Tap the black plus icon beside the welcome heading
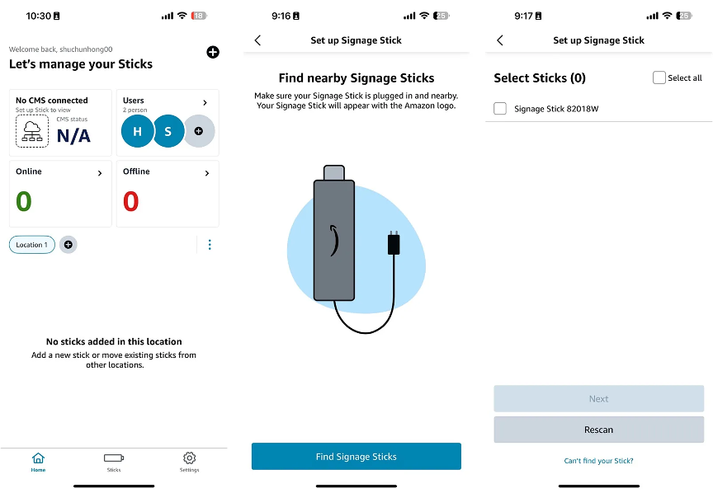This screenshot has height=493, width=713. coord(213,52)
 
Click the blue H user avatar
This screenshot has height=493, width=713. coord(137,131)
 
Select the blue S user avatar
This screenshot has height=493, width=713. coord(168,131)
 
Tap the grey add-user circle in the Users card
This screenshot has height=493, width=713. coord(200,131)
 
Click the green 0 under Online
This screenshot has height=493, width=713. coord(24,201)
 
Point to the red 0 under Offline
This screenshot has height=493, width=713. coord(131,201)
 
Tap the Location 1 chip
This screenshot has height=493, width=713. coord(32,245)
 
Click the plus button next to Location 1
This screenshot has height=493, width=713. coord(68,245)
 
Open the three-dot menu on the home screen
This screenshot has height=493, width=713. coord(210,245)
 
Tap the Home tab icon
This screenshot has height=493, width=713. coord(38,458)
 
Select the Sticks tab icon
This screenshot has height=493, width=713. coord(114,458)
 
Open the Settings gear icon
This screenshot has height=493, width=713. coord(190,458)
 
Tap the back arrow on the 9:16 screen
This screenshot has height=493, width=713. coord(257,40)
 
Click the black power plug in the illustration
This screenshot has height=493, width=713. coord(394,243)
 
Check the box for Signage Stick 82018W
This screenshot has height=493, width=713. coord(500,109)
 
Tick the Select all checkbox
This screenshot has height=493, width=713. coord(659,77)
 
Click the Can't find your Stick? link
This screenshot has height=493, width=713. coord(598,461)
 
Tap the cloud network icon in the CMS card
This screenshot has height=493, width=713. coord(32,131)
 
